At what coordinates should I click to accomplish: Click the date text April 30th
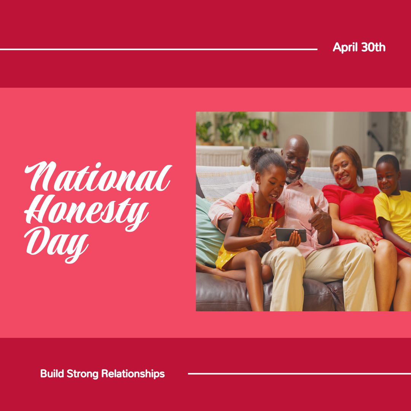click(359, 48)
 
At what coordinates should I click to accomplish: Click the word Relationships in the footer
click(133, 374)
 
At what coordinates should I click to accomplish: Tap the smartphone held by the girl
click(291, 234)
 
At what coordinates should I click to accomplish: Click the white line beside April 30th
click(158, 49)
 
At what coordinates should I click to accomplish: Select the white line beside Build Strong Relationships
click(299, 373)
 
